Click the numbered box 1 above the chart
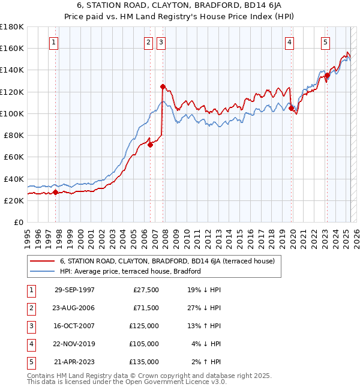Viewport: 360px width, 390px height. pos(55,42)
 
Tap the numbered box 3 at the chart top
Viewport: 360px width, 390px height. pos(162,42)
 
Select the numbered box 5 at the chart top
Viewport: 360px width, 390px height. pos(325,42)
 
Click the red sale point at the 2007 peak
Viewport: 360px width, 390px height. pos(163,86)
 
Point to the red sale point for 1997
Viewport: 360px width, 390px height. pos(55,192)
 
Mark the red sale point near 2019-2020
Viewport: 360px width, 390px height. pos(291,109)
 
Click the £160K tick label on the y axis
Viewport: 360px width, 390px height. pos(12,48)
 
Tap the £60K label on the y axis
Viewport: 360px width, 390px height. pos(14,157)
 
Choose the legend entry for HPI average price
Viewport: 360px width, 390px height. pos(130,271)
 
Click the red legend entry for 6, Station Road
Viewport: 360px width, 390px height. pos(167,261)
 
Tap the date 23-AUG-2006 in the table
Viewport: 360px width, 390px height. pos(74,308)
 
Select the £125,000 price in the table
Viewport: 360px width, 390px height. pos(144,326)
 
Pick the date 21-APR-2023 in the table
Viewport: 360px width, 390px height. pos(74,362)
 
